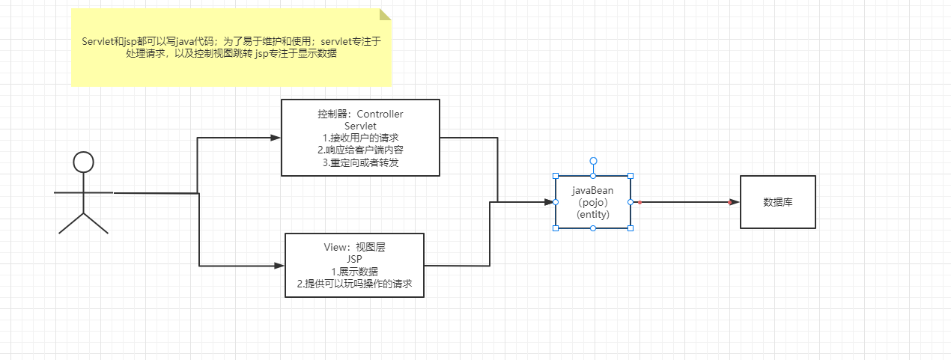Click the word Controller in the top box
pos(380,114)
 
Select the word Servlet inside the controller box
pos(360,126)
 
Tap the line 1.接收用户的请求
pos(360,138)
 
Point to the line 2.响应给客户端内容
pos(360,150)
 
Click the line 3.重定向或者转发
pos(360,162)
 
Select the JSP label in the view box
pos(354,259)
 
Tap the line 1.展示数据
pos(354,272)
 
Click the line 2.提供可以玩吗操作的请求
pos(354,284)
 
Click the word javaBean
pos(592,191)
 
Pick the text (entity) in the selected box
pos(592,214)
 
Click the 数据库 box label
pos(778,202)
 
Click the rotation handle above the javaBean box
pos(594,161)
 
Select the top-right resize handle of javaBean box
pos(631,176)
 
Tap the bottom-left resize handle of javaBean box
pos(556,228)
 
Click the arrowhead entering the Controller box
pos(276,138)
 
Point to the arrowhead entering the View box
pos(279,266)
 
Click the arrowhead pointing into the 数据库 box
pos(734,202)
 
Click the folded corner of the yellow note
pos(385,14)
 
